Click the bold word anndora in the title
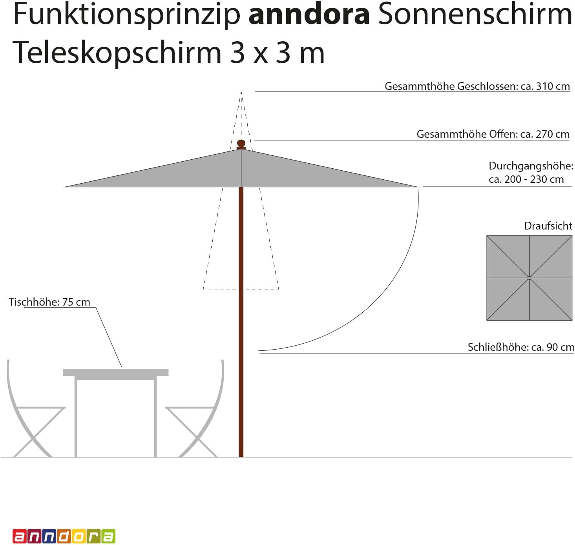click(x=309, y=15)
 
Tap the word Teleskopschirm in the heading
click(x=117, y=53)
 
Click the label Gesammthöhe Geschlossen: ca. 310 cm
click(x=477, y=86)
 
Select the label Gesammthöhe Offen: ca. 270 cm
click(x=493, y=134)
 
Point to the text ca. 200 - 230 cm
click(x=526, y=179)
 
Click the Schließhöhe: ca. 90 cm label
click(x=521, y=347)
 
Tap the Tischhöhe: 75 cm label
click(x=49, y=302)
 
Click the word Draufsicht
click(x=548, y=226)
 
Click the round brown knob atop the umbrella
click(x=241, y=144)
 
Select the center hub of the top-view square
click(x=529, y=278)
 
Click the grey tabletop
click(x=115, y=372)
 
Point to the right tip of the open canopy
click(x=418, y=186)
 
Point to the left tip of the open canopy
click(x=64, y=186)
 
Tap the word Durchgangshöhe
click(x=531, y=166)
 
